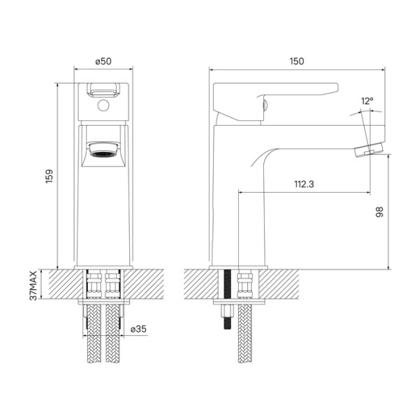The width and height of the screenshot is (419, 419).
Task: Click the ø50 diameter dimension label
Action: [103, 61]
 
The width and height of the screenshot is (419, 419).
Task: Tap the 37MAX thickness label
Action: [33, 286]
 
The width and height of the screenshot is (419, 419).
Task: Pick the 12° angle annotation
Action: [367, 102]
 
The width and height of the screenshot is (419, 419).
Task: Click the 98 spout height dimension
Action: [378, 211]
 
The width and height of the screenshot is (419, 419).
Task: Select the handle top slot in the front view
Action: [103, 89]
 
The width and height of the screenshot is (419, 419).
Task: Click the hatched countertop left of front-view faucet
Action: [59, 286]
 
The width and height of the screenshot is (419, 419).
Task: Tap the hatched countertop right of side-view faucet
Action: [286, 286]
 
